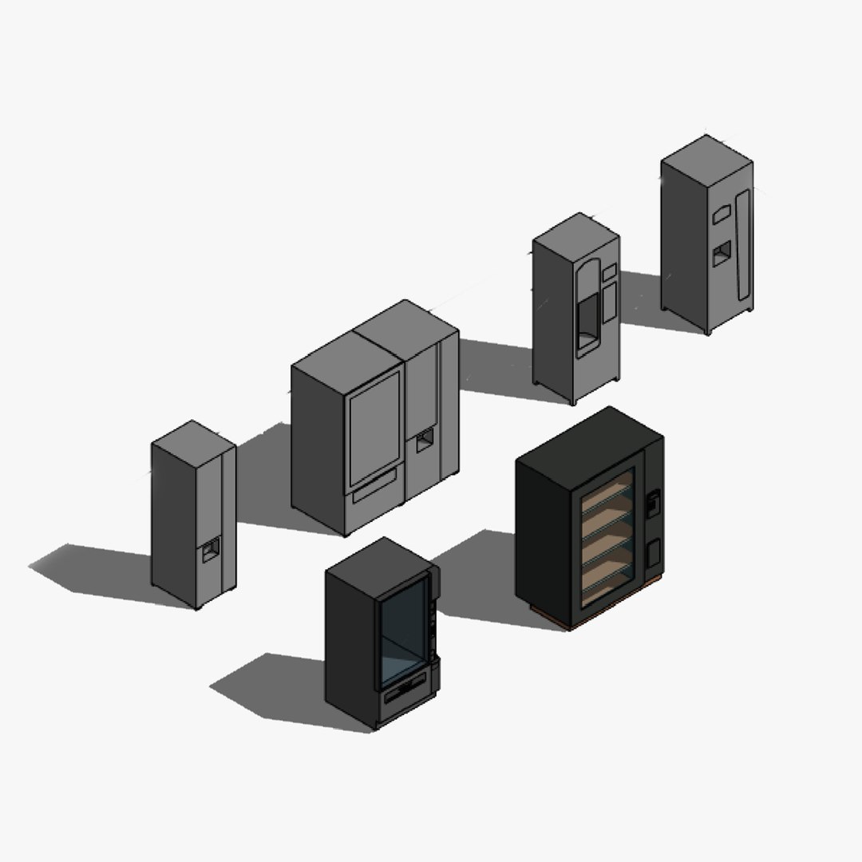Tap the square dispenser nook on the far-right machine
click(721, 254)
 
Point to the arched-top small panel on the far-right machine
click(722, 213)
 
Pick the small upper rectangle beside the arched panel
click(610, 272)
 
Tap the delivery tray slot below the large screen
click(374, 485)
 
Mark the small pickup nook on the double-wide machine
click(425, 440)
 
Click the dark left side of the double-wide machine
click(318, 447)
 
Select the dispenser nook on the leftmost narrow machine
click(210, 550)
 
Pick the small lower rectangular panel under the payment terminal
click(652, 552)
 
